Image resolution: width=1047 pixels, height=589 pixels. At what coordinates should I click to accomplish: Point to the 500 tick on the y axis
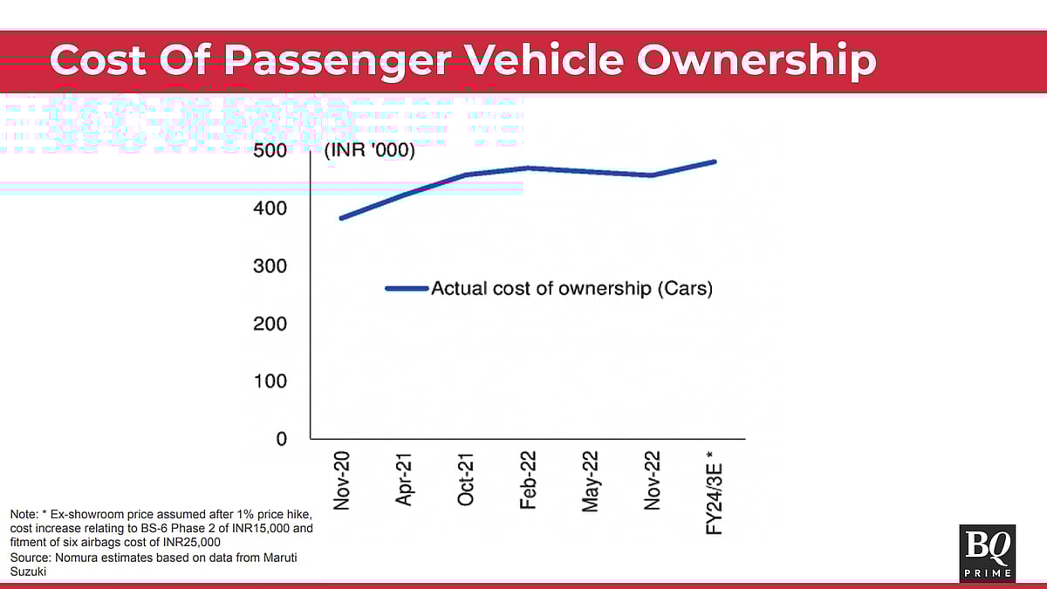[x=270, y=151]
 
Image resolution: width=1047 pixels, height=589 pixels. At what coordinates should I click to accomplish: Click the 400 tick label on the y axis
[x=270, y=209]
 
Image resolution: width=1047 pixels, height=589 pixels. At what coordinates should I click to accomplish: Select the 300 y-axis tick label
[x=270, y=266]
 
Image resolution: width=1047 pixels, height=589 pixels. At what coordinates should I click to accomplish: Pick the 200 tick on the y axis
[x=270, y=324]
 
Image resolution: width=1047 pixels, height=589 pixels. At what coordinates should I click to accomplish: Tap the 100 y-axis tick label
[x=270, y=381]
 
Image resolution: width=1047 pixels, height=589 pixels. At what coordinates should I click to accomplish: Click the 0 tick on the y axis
[x=281, y=439]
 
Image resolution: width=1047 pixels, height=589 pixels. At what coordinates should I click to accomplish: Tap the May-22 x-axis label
[x=591, y=481]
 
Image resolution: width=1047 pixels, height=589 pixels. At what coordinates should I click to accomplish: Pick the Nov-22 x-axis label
[x=653, y=481]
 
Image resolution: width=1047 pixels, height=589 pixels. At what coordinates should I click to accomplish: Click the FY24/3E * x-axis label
[x=715, y=491]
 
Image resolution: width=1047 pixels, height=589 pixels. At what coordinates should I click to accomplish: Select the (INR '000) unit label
[x=370, y=151]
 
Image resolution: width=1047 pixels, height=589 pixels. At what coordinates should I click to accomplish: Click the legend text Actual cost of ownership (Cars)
[x=571, y=288]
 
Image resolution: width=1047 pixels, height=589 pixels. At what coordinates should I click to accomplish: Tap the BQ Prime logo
[x=987, y=552]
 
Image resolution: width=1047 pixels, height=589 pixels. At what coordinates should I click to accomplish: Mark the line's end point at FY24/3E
[x=715, y=161]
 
